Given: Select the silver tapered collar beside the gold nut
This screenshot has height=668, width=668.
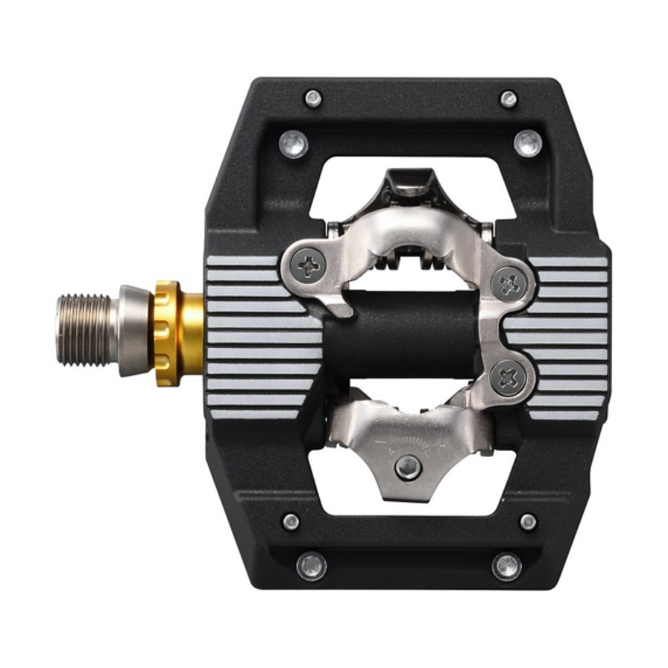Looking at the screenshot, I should pos(134,329).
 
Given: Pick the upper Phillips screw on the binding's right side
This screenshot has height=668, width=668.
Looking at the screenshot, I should pos(507,284).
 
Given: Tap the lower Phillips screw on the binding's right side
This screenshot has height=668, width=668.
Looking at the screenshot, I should pos(507,378).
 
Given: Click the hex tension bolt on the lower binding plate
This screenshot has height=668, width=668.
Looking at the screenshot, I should pos(407,468).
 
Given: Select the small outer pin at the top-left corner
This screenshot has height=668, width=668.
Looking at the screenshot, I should pos(313,99).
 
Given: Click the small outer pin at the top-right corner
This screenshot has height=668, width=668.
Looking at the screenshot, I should pos(509,99).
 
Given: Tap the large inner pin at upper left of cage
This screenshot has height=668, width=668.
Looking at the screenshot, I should pos(294,144).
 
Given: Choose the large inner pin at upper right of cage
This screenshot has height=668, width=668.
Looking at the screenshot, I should pos(528,143).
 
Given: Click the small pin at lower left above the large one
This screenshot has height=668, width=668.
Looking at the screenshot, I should pos(291,522).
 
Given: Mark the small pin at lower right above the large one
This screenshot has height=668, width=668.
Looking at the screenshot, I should pos(528,522).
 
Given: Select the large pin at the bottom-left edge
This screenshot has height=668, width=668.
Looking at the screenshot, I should pos(311,566).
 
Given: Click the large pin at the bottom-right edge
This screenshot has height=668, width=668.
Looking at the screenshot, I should pos(507,566).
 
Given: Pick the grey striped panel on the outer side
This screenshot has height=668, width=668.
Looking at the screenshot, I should pos(568,334).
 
